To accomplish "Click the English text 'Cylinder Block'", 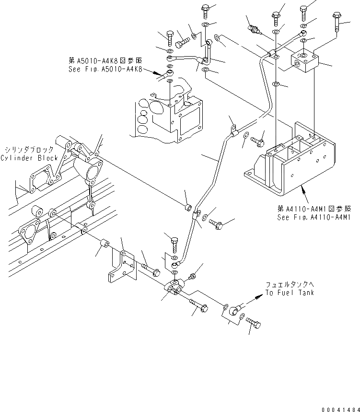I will click(x=29, y=158).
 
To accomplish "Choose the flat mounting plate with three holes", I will click(x=122, y=269).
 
